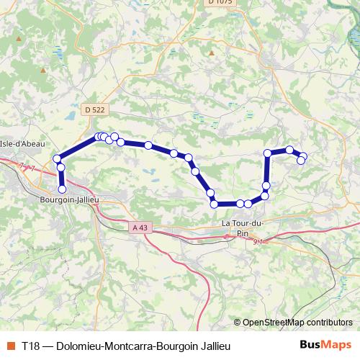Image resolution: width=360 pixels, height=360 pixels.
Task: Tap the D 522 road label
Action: click(92, 109)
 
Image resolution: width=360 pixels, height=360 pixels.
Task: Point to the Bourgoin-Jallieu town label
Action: click(69, 199)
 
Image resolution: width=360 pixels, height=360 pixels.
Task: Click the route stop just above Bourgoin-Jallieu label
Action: click(62, 189)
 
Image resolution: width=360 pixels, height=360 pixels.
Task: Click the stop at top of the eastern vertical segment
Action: click(268, 153)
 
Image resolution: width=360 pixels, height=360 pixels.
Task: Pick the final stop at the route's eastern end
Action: click(301, 160)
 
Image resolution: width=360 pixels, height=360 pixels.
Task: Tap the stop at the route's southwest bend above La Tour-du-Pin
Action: click(214, 204)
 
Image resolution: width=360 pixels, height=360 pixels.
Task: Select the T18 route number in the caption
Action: click(31, 346)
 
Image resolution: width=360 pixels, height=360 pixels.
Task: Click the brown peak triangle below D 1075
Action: click(211, 53)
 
